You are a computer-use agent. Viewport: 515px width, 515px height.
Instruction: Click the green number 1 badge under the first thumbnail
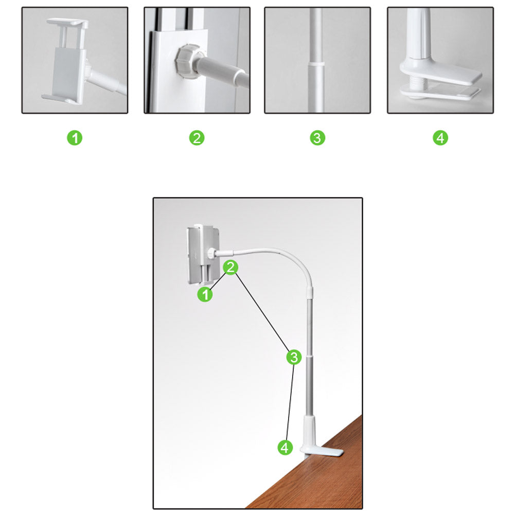[75, 138]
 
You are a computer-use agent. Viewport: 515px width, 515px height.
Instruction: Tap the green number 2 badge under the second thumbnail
[197, 138]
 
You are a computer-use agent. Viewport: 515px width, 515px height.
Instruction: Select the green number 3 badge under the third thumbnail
[317, 138]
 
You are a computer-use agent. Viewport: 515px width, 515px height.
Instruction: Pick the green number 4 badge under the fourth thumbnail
[440, 138]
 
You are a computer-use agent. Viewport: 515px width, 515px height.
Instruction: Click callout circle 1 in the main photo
[205, 294]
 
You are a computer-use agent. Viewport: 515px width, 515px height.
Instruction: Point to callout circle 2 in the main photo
[230, 268]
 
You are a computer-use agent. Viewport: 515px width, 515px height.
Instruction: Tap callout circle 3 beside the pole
[294, 357]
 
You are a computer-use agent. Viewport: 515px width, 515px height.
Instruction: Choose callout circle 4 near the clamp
[285, 447]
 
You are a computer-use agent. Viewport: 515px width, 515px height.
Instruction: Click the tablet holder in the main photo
[203, 254]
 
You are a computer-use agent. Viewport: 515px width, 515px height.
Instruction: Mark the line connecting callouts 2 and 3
[262, 312]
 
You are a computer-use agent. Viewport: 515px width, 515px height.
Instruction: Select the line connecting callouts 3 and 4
[290, 402]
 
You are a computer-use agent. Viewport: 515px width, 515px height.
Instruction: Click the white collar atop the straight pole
[309, 292]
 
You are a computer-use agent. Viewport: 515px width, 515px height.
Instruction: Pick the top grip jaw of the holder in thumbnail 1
[67, 23]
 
